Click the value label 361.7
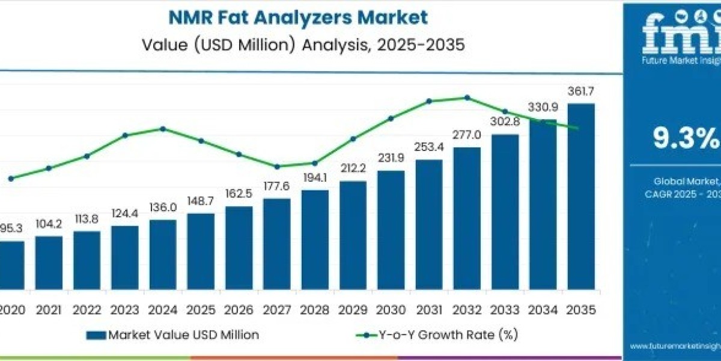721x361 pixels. tap(581, 92)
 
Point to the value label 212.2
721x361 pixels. tap(353, 169)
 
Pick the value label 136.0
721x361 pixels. tap(163, 208)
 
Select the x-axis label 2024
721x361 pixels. tap(163, 310)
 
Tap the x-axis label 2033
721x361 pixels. tap(505, 310)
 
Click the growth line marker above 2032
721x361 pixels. tap(467, 97)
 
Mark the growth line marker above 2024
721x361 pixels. tap(163, 128)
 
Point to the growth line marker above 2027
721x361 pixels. tap(276, 167)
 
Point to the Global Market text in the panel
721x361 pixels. tap(685, 180)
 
